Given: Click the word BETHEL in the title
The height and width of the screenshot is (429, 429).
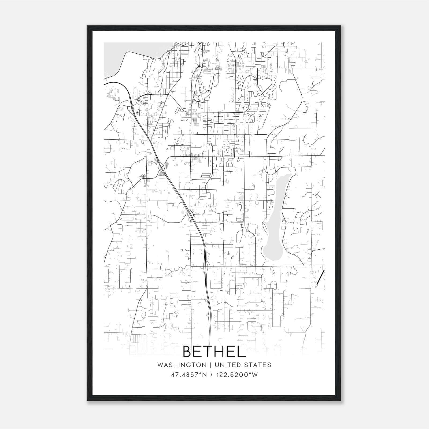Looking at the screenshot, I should [x=214, y=352].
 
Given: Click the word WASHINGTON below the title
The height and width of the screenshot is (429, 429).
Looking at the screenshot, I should [x=182, y=365].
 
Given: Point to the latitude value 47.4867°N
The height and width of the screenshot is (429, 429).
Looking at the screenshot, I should [x=189, y=375].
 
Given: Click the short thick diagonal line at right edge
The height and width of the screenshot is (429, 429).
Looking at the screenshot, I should [x=321, y=277].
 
